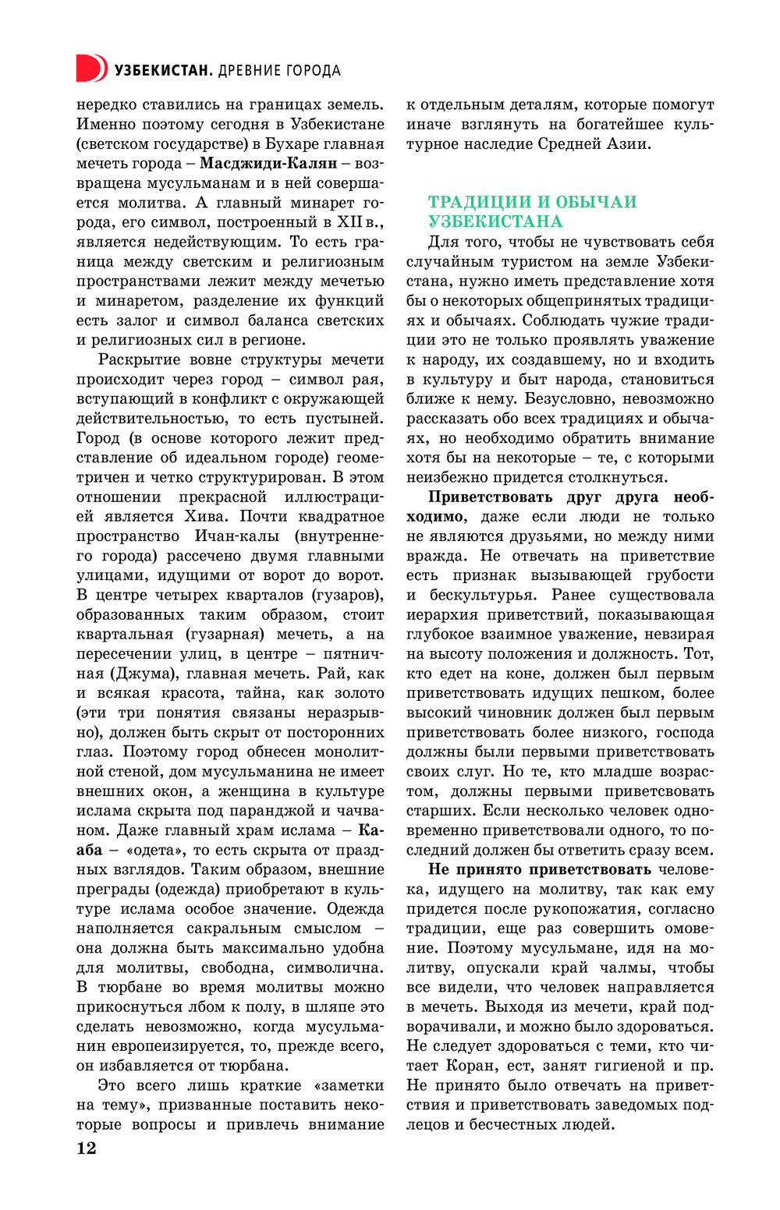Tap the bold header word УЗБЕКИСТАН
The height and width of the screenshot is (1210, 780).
point(162,70)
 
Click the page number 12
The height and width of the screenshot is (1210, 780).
point(86,1148)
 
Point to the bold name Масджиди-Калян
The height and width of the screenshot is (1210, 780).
point(268,163)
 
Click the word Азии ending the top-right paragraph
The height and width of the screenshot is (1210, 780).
point(630,143)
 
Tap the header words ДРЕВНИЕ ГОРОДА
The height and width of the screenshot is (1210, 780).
point(279,70)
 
